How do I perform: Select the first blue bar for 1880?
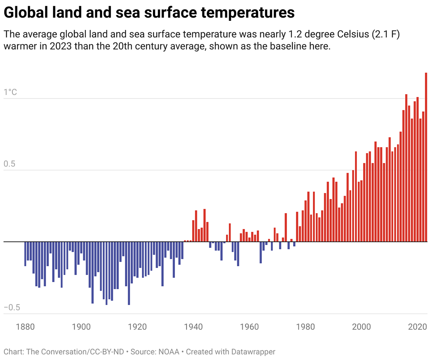(x=25, y=254)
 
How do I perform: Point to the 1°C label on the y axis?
(x=10, y=93)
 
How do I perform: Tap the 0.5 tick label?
(x=10, y=164)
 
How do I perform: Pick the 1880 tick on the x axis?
(x=26, y=327)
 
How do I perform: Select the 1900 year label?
(x=82, y=327)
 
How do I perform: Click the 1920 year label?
(x=138, y=327)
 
